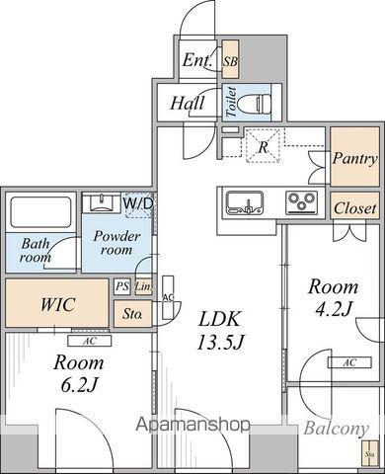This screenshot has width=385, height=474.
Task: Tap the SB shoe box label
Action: coord(230,61)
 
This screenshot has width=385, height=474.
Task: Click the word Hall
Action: coord(187,103)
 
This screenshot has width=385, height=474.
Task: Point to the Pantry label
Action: coord(353,158)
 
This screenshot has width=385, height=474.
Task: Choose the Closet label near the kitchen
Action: coord(353,208)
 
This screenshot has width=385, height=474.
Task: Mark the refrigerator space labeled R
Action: coord(263,148)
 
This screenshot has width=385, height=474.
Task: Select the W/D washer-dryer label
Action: coord(138,203)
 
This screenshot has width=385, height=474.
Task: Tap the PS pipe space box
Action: coord(122,287)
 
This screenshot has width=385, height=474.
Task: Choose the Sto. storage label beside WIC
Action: coord(132,315)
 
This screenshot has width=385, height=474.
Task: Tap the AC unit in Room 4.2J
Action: coord(348,362)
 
